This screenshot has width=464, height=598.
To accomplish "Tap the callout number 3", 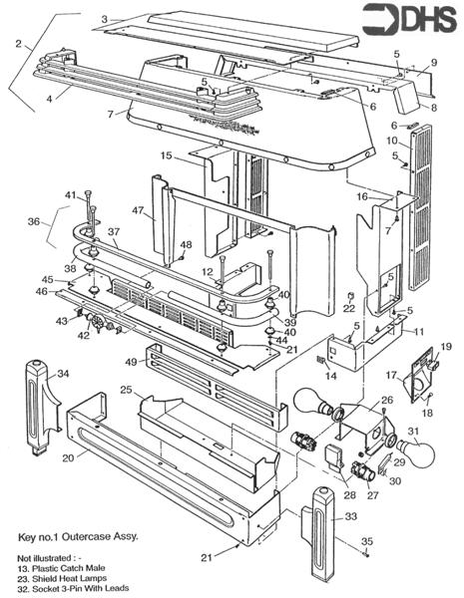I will click(104, 19).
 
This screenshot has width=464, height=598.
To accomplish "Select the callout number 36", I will click(33, 222).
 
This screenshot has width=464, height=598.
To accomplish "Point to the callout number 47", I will click(137, 212).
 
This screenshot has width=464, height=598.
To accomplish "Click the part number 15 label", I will click(167, 155).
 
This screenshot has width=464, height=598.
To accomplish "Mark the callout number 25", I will click(127, 388).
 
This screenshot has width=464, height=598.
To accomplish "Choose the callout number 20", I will click(67, 458).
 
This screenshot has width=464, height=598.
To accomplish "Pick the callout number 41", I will click(70, 193).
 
